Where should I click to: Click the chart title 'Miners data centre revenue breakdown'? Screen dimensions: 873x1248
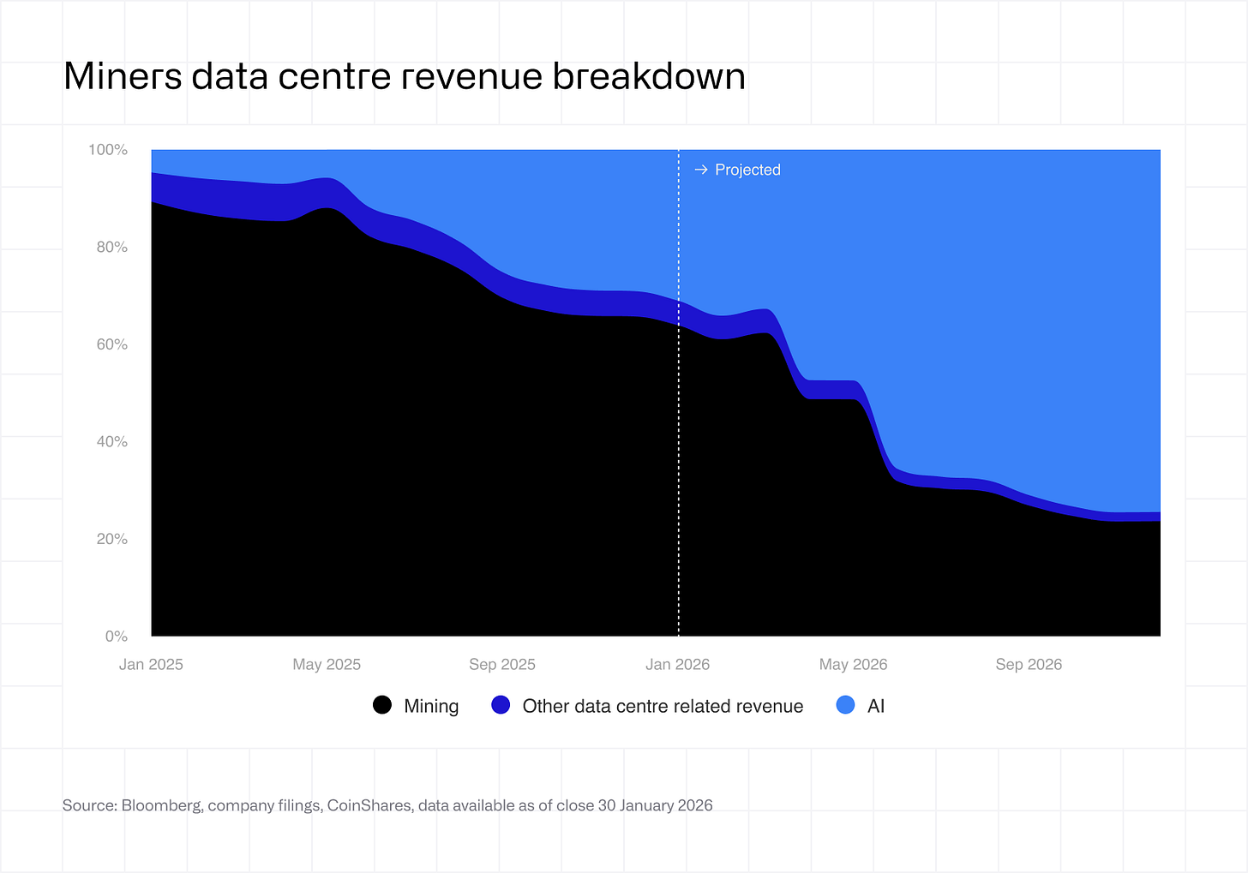click(404, 76)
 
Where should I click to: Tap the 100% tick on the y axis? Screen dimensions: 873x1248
click(108, 150)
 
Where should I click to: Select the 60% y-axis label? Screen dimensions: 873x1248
click(111, 344)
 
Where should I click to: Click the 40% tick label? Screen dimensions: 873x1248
click(111, 442)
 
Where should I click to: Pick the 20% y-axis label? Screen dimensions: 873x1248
click(111, 539)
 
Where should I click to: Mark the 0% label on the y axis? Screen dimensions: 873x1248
click(117, 637)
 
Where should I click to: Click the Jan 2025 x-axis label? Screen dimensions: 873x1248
click(151, 665)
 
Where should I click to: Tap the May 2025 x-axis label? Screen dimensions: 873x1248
click(327, 665)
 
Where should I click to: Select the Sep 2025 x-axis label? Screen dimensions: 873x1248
click(502, 665)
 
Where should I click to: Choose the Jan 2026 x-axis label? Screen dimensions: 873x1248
click(678, 665)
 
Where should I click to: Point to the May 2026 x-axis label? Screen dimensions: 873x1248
click(853, 665)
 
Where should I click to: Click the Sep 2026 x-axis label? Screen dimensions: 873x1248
click(1029, 665)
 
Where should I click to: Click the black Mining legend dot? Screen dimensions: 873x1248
click(382, 705)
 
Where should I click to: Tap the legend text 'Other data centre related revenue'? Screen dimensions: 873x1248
click(663, 706)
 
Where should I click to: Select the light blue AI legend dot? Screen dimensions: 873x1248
click(845, 705)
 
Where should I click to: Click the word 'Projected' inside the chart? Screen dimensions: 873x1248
click(747, 170)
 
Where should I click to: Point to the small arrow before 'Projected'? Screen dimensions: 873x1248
click(700, 170)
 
